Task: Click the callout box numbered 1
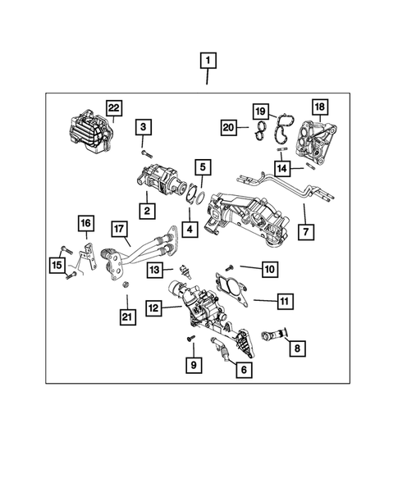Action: (x=209, y=60)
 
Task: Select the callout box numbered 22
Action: (x=114, y=108)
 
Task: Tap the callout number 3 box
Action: (x=144, y=126)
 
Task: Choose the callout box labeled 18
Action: (x=319, y=107)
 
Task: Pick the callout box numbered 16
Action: (x=85, y=223)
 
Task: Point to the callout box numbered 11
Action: (x=283, y=303)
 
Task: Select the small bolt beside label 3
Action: (x=145, y=153)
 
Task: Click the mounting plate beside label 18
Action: (x=313, y=140)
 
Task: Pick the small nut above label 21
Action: (x=126, y=285)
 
